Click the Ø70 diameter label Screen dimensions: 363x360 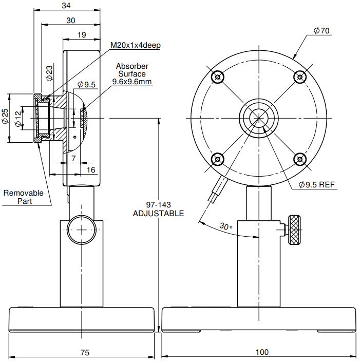321,31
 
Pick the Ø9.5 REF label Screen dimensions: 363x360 316,185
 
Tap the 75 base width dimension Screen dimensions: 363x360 85,352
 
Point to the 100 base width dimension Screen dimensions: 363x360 261,352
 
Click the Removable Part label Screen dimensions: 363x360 24,197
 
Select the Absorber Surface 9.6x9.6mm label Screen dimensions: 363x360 132,74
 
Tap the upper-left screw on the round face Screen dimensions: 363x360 218,77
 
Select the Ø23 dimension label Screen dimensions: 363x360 49,73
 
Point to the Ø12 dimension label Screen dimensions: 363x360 19,118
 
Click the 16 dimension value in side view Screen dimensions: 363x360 90,170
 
